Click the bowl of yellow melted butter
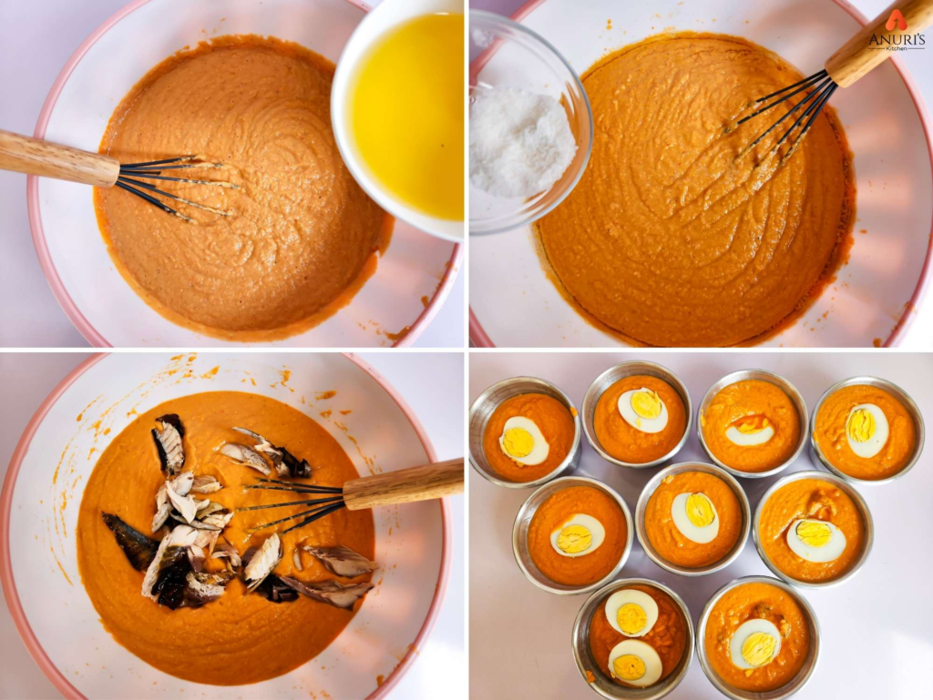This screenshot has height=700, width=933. click(x=405, y=114)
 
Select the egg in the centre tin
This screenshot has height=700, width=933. click(x=695, y=516)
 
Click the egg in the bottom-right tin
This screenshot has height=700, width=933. click(x=755, y=643)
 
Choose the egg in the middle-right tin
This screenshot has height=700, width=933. click(x=815, y=539)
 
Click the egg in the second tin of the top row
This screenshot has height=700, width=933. click(x=642, y=410)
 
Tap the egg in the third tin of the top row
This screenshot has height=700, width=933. click(x=750, y=430)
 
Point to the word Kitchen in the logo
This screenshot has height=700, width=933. click(x=897, y=47)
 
